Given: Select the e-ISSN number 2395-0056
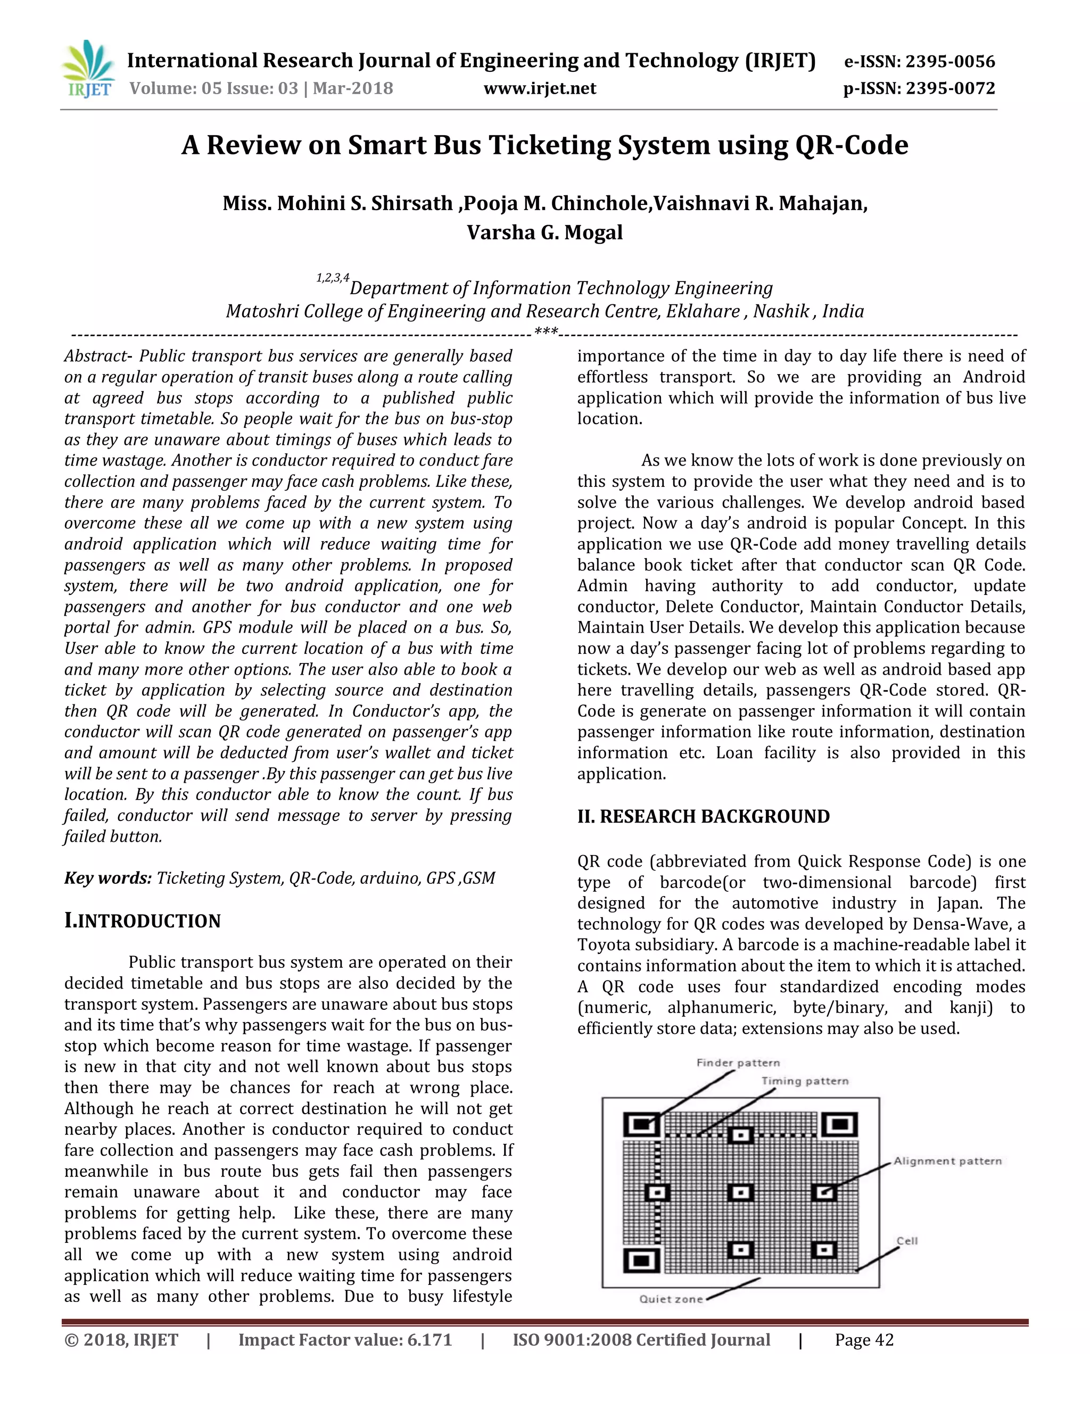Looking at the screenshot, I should tap(950, 62).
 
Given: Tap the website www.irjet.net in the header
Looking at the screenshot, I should tap(540, 88).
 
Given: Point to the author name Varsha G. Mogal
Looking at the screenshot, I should tap(544, 233).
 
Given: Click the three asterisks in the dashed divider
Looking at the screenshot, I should tap(546, 334).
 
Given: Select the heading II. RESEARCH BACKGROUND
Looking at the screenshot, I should tap(703, 817).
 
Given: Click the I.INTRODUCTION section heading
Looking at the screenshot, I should tap(142, 920).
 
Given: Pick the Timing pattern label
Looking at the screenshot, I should tap(805, 1081).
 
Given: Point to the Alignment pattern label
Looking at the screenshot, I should tap(947, 1162).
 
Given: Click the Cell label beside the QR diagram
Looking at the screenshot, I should tap(906, 1241).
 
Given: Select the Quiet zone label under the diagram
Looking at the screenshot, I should tap(671, 1299).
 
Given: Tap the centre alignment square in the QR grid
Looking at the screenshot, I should tap(741, 1192).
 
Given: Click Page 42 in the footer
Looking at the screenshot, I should tap(863, 1340).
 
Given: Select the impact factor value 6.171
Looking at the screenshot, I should tap(430, 1340).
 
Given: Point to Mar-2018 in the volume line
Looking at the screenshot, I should tap(353, 88).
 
